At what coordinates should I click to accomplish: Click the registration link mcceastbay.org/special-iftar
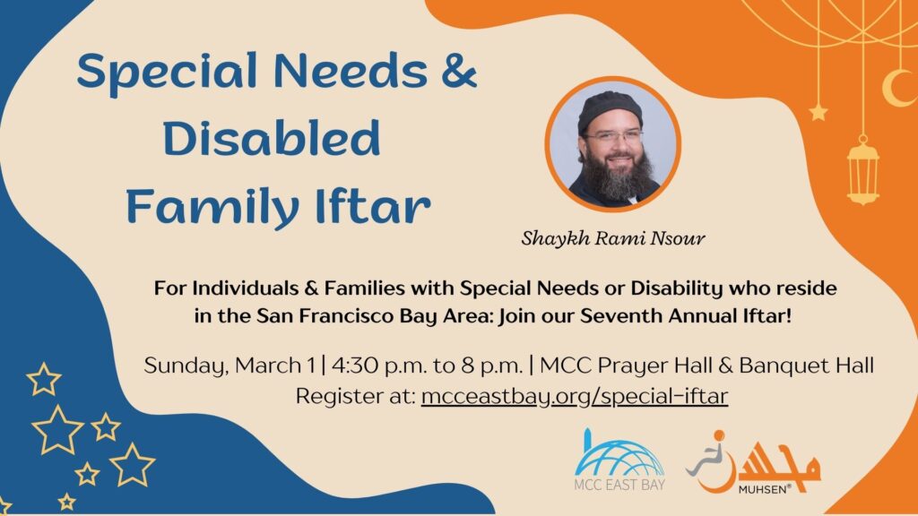[x=574, y=395]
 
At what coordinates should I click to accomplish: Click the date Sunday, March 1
[x=233, y=365]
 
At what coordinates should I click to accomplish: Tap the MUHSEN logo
[x=753, y=463]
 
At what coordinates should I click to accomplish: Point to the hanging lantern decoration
[x=862, y=169]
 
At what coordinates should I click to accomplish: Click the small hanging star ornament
[x=818, y=113]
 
